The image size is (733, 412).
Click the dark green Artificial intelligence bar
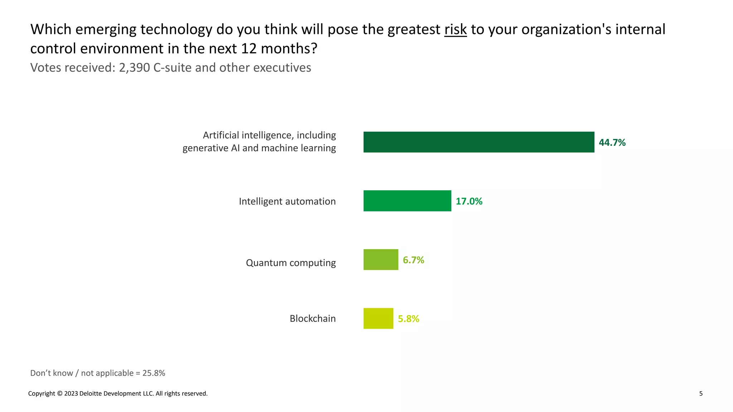click(479, 142)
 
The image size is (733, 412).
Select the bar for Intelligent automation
click(407, 201)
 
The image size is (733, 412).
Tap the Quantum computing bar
click(380, 260)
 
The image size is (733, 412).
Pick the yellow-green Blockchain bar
click(378, 318)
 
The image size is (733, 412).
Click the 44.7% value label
click(612, 143)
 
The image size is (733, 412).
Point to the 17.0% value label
click(469, 201)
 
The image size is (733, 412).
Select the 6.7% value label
click(413, 260)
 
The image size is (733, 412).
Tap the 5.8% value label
click(408, 319)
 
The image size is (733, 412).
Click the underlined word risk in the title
click(455, 29)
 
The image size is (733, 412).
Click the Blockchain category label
click(312, 318)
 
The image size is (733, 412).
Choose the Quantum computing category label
click(291, 263)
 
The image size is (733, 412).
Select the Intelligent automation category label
click(287, 201)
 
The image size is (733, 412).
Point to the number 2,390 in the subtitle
click(134, 68)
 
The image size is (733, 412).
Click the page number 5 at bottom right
click(701, 393)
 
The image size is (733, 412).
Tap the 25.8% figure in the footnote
click(154, 373)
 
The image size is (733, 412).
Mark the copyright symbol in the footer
click(60, 393)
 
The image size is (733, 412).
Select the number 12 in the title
click(249, 49)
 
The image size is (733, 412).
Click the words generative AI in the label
click(211, 148)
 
